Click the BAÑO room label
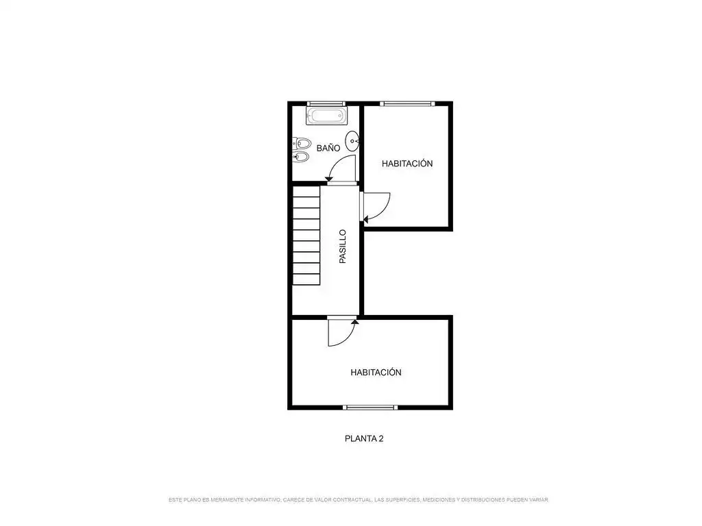click(328, 148)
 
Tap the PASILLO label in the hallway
click(343, 247)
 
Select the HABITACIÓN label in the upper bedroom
click(407, 164)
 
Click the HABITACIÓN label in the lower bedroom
click(376, 372)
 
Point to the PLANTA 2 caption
click(364, 439)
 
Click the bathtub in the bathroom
click(326, 116)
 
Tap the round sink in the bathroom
click(353, 141)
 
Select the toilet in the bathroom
click(302, 144)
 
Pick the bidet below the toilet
click(302, 157)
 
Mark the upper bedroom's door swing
click(384, 210)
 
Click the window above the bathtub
click(326, 104)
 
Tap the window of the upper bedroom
click(407, 104)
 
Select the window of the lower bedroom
click(370, 408)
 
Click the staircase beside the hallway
click(306, 236)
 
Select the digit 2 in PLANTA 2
click(381, 439)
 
